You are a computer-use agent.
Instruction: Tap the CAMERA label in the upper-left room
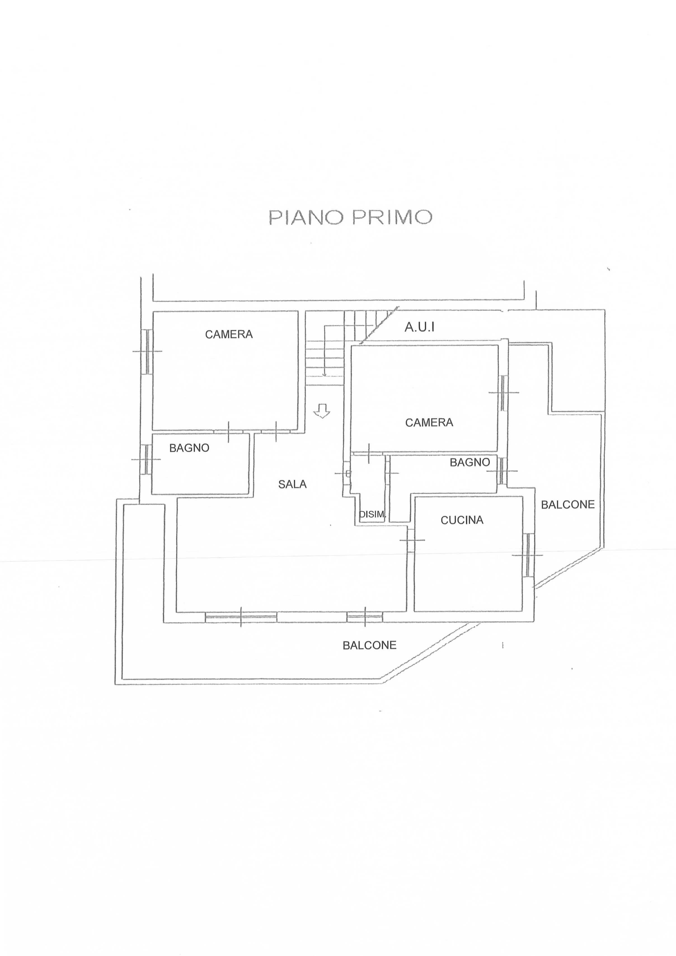229,334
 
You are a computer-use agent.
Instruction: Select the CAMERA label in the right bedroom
429,423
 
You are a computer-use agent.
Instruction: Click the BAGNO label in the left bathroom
189,448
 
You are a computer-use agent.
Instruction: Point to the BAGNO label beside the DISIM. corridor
470,462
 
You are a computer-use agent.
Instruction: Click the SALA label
292,484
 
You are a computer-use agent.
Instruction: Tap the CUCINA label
462,520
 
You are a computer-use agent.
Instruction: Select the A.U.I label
419,327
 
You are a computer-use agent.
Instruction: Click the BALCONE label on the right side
568,505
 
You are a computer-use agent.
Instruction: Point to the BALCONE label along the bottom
369,645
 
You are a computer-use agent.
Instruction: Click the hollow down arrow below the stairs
321,411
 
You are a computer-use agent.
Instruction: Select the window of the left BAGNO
147,459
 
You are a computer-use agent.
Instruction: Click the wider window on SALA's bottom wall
241,617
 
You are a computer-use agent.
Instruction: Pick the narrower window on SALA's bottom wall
365,617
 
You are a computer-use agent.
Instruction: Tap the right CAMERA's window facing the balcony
504,393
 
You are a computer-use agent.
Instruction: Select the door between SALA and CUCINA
411,540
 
